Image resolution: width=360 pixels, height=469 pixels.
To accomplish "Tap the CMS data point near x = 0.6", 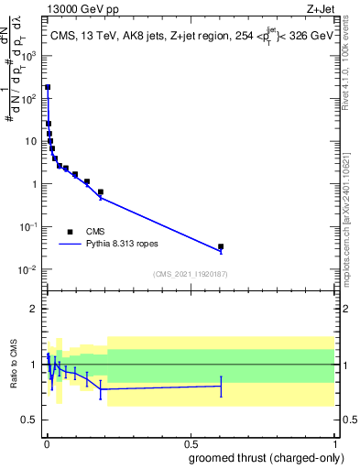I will click(221, 246).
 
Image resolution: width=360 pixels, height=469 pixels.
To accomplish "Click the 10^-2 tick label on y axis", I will click(27, 269).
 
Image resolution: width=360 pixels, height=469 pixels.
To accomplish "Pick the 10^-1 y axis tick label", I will click(27, 226).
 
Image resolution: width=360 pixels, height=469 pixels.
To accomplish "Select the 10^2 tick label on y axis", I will click(29, 99).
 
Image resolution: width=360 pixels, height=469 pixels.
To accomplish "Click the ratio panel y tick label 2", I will click(35, 309).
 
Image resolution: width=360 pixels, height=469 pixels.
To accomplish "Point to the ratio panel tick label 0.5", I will click(31, 420).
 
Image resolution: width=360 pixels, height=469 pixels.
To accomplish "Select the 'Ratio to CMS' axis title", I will click(13, 365).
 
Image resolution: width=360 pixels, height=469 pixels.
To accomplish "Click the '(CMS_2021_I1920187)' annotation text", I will click(191, 274).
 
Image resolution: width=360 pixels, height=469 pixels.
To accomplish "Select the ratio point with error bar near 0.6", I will click(221, 386).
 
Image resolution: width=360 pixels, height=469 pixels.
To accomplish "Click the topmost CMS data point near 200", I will click(48, 88).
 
